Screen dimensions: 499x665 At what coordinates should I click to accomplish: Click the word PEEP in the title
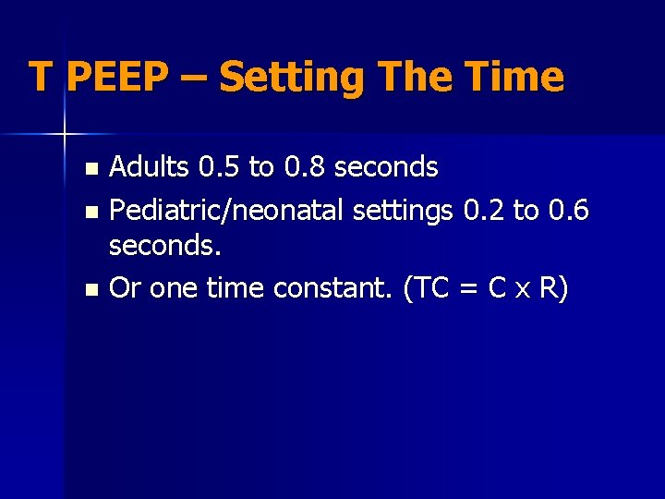pos(116,77)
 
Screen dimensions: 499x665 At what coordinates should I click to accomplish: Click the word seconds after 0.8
pos(386,167)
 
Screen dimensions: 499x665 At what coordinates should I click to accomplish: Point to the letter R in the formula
pos(550,288)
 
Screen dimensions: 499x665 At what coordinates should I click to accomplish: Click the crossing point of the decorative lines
pos(65,134)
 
